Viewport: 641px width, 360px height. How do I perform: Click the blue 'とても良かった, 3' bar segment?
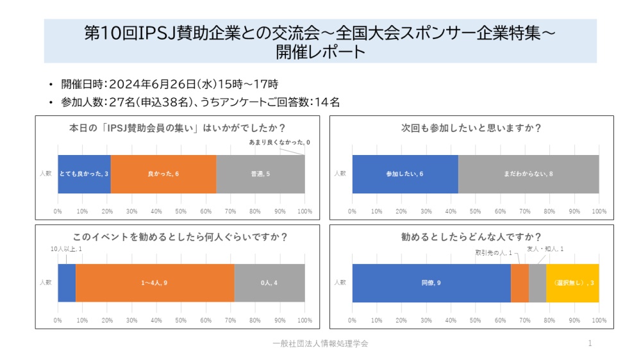[x=84, y=174]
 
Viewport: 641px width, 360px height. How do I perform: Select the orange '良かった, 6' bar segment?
[x=163, y=174]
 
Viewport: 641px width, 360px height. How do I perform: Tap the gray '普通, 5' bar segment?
[x=260, y=174]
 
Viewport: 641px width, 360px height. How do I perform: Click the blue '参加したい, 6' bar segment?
[x=405, y=174]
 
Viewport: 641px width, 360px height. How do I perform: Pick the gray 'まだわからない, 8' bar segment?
[x=528, y=174]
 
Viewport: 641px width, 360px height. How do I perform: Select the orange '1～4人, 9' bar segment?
[x=154, y=282]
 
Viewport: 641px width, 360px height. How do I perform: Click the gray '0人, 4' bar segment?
[x=269, y=282]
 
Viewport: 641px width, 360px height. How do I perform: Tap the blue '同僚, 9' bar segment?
[x=431, y=282]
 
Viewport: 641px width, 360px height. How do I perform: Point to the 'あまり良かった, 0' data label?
[x=279, y=142]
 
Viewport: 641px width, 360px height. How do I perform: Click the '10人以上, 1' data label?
[x=66, y=249]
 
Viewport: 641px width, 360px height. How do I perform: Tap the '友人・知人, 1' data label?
[x=545, y=249]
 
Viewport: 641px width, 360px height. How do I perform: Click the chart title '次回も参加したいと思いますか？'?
[x=471, y=128]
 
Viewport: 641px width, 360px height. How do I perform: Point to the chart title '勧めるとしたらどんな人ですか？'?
[x=471, y=237]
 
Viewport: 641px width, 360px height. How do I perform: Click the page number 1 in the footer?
[x=590, y=344]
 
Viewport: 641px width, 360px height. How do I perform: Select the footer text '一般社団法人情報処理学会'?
[x=320, y=344]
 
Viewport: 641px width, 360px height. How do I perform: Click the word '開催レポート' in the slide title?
[x=320, y=51]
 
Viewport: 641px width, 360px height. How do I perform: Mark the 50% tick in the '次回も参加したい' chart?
[x=476, y=211]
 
